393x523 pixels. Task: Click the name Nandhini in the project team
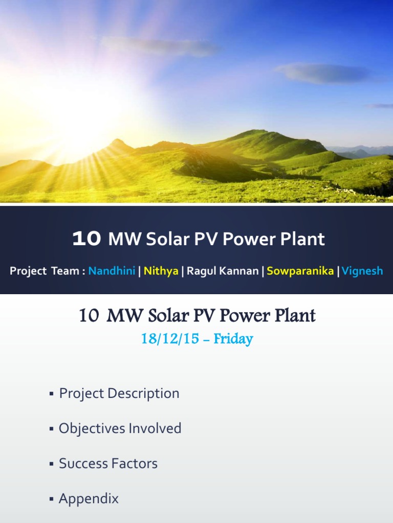(112, 271)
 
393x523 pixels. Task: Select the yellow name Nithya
(161, 271)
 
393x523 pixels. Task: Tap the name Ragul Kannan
(223, 271)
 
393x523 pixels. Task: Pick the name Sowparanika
(300, 271)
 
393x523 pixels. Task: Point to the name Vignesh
(362, 271)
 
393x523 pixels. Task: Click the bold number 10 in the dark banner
(86, 239)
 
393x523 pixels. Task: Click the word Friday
(234, 339)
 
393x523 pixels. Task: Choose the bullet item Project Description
(119, 393)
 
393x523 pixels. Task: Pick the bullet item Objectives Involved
(120, 428)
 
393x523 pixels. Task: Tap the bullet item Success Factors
(108, 463)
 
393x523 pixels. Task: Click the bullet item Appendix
(89, 498)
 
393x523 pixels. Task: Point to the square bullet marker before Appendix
(52, 500)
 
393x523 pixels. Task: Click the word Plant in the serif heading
(295, 316)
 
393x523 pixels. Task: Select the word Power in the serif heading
(247, 316)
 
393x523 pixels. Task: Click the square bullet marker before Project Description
(52, 394)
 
